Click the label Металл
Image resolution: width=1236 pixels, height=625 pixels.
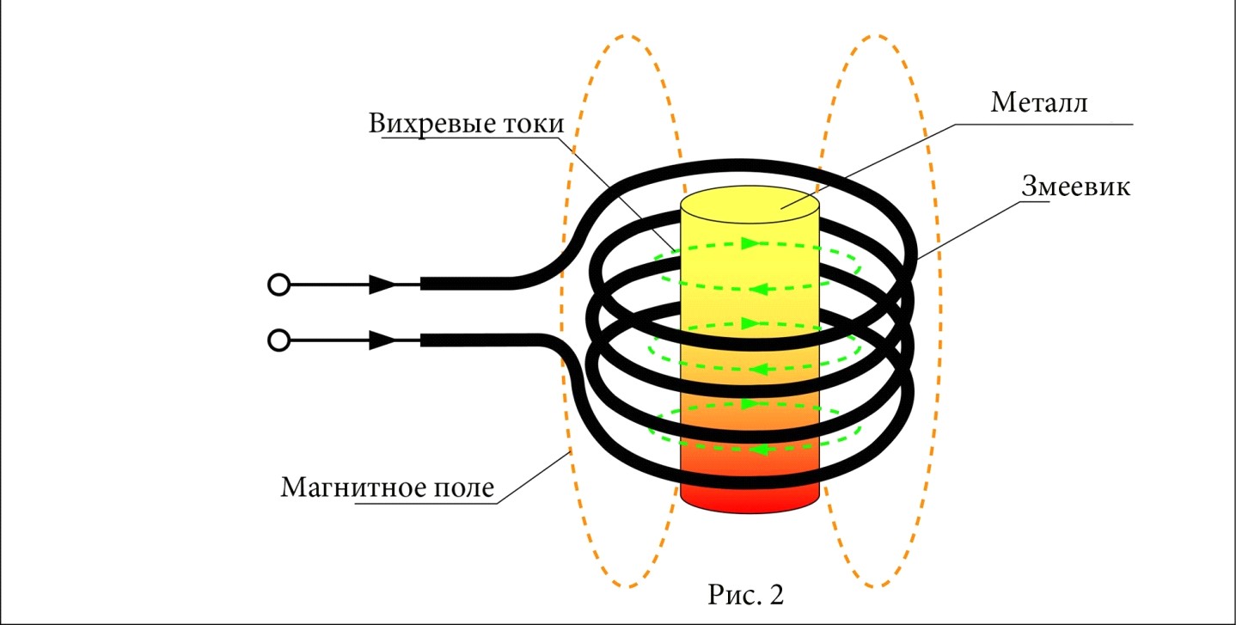click(x=1039, y=102)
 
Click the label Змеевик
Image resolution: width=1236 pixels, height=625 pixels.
click(x=1075, y=186)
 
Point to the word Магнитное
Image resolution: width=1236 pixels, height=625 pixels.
click(x=352, y=487)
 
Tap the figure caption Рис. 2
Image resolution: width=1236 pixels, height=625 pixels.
click(x=745, y=595)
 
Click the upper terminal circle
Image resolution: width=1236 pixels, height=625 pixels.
click(x=278, y=285)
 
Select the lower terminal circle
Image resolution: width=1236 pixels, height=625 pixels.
click(x=278, y=340)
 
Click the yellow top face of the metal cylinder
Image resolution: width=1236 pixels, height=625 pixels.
click(x=750, y=205)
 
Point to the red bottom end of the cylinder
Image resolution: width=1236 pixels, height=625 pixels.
click(x=750, y=499)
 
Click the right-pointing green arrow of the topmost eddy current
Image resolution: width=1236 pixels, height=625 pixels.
click(x=750, y=243)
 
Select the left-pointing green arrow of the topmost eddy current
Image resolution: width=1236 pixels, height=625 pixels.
click(x=760, y=289)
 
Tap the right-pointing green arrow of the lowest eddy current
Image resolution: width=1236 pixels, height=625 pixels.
click(x=750, y=404)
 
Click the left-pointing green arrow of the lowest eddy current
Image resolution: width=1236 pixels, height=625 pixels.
click(x=760, y=450)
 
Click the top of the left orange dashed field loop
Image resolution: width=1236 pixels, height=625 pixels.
click(x=625, y=36)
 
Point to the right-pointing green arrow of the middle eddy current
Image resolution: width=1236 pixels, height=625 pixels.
click(x=750, y=323)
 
